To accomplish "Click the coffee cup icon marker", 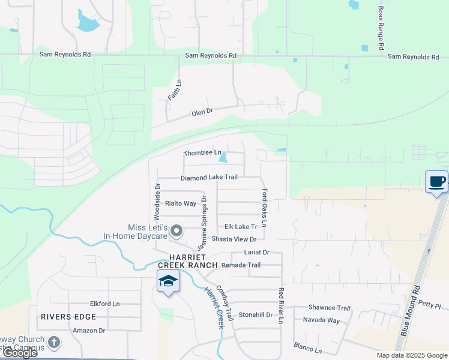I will pyautogui.click(x=436, y=181).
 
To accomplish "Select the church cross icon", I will pyautogui.click(x=54, y=343).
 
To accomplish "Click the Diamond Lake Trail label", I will pyautogui.click(x=209, y=178).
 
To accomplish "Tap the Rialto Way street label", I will pyautogui.click(x=181, y=203).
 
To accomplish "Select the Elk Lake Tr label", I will pyautogui.click(x=241, y=227).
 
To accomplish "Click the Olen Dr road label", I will pyautogui.click(x=202, y=112).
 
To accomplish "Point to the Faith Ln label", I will pyautogui.click(x=174, y=89).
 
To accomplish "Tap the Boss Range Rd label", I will pyautogui.click(x=381, y=28).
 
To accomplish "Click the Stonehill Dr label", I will pyautogui.click(x=256, y=314).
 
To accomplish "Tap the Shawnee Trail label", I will pyautogui.click(x=329, y=308).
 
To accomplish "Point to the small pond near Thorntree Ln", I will pyautogui.click(x=223, y=159).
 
